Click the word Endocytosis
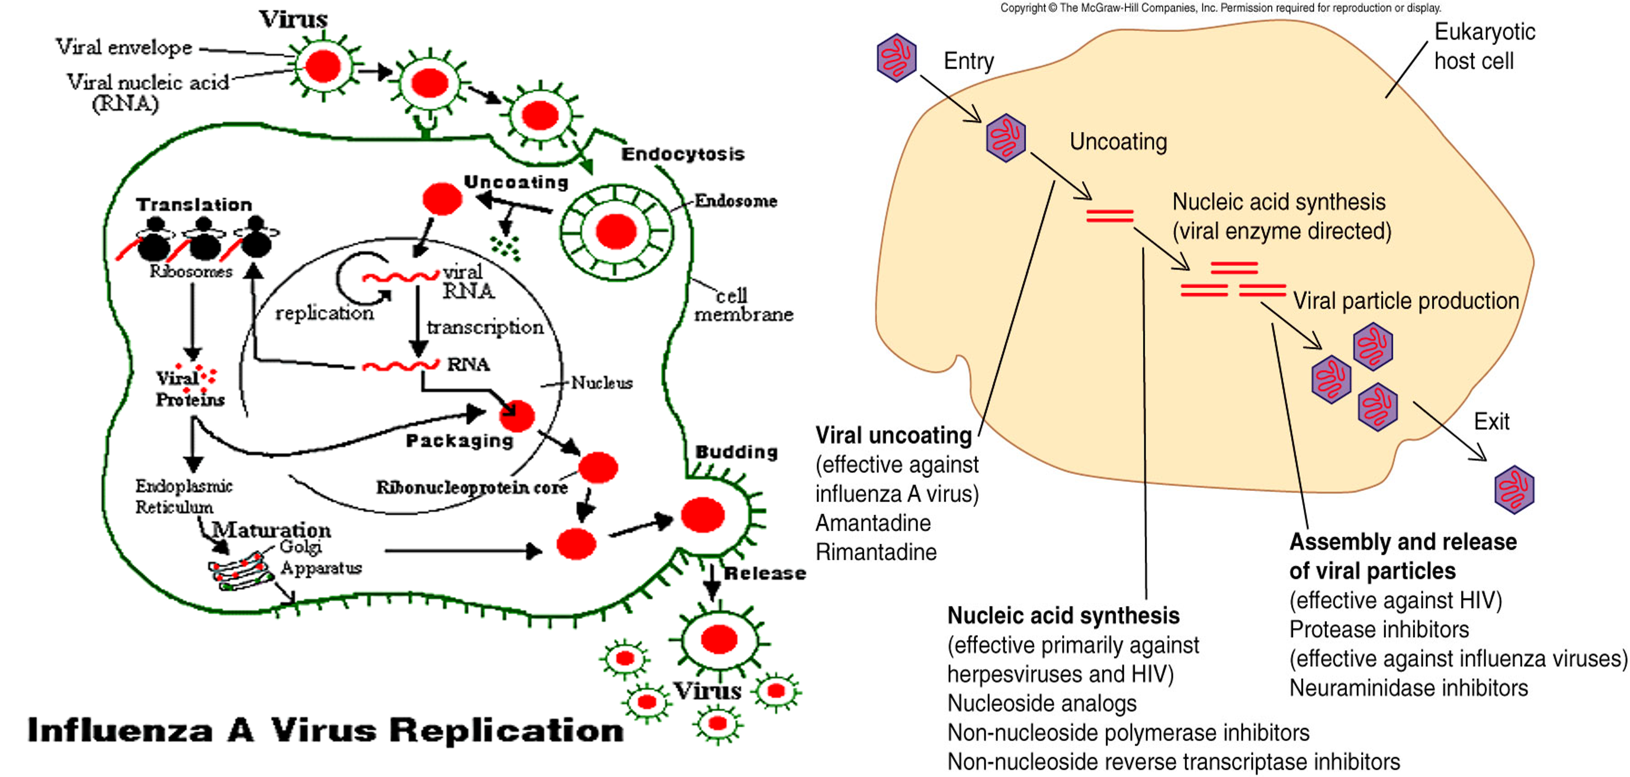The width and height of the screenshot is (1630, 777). (x=683, y=154)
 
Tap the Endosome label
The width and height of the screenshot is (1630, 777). (x=735, y=201)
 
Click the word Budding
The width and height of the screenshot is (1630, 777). (x=737, y=452)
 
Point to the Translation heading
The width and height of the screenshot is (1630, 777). (x=194, y=204)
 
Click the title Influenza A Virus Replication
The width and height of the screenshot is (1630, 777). (x=325, y=730)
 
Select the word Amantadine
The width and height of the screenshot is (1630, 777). (x=872, y=524)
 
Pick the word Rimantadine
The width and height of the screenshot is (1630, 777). (x=876, y=553)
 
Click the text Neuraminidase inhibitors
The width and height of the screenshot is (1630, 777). (x=1408, y=688)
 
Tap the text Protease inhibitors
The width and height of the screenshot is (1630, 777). (x=1379, y=630)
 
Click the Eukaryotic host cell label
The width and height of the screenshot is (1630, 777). (x=1484, y=46)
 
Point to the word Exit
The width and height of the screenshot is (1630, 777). (x=1491, y=422)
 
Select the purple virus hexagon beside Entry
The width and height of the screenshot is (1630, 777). (x=897, y=58)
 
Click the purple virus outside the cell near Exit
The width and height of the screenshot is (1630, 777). (x=1514, y=490)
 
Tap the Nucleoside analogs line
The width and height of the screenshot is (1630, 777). (x=1041, y=703)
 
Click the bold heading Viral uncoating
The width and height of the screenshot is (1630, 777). (x=893, y=435)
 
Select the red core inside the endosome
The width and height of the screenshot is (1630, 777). (x=615, y=232)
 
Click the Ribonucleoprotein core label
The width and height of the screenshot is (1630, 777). (x=471, y=488)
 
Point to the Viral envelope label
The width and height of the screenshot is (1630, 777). (x=124, y=47)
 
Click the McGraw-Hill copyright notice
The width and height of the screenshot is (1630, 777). (x=1220, y=8)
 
